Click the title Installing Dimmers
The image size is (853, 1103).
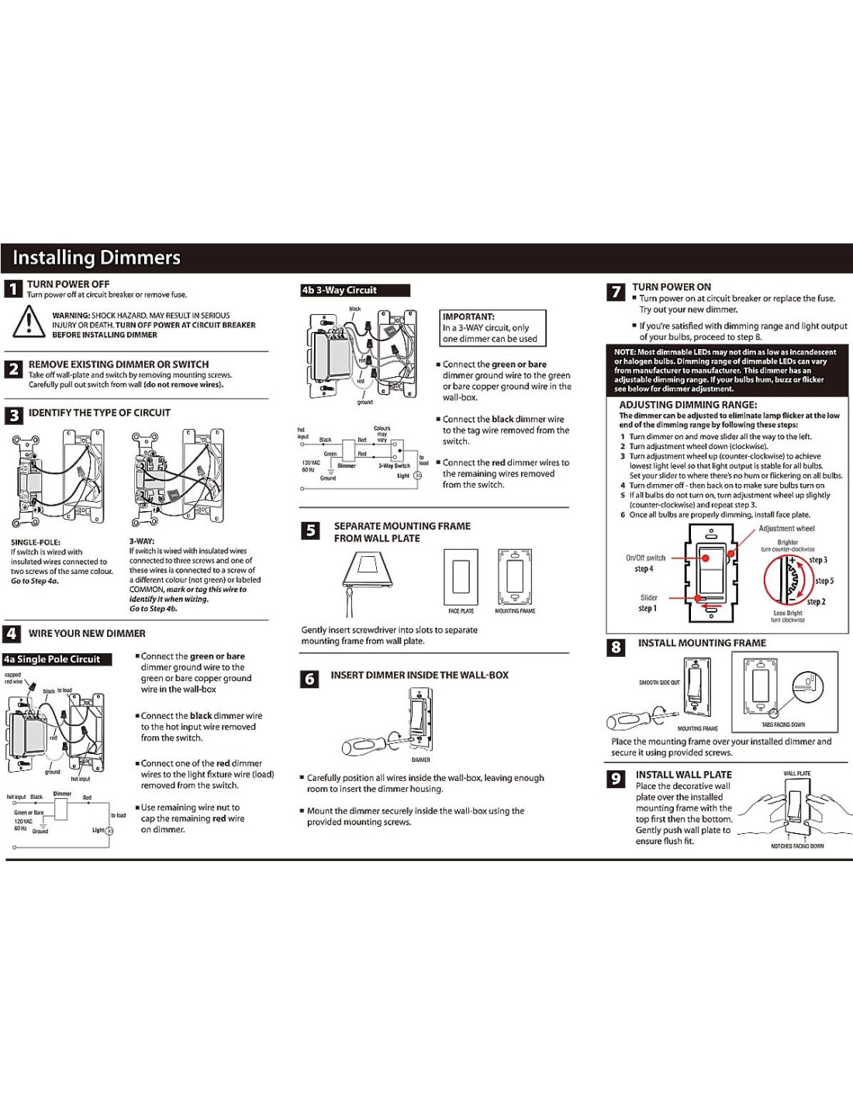click(x=96, y=258)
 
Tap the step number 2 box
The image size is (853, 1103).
click(x=13, y=369)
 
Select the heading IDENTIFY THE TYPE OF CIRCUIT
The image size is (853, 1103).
click(x=99, y=413)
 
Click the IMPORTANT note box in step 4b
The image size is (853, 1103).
click(x=493, y=327)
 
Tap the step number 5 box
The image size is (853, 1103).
click(x=310, y=531)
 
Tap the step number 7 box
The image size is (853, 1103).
click(x=616, y=292)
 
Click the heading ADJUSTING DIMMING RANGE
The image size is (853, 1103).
click(x=688, y=404)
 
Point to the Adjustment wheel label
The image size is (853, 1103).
click(x=786, y=528)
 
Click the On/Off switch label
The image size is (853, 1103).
click(x=645, y=558)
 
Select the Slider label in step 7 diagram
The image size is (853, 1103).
click(x=649, y=597)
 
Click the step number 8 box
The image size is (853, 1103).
click(x=616, y=647)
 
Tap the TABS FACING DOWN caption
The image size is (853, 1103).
click(x=783, y=724)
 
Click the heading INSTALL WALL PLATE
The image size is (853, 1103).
click(x=683, y=774)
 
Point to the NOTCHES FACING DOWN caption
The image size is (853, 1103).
click(x=797, y=846)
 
